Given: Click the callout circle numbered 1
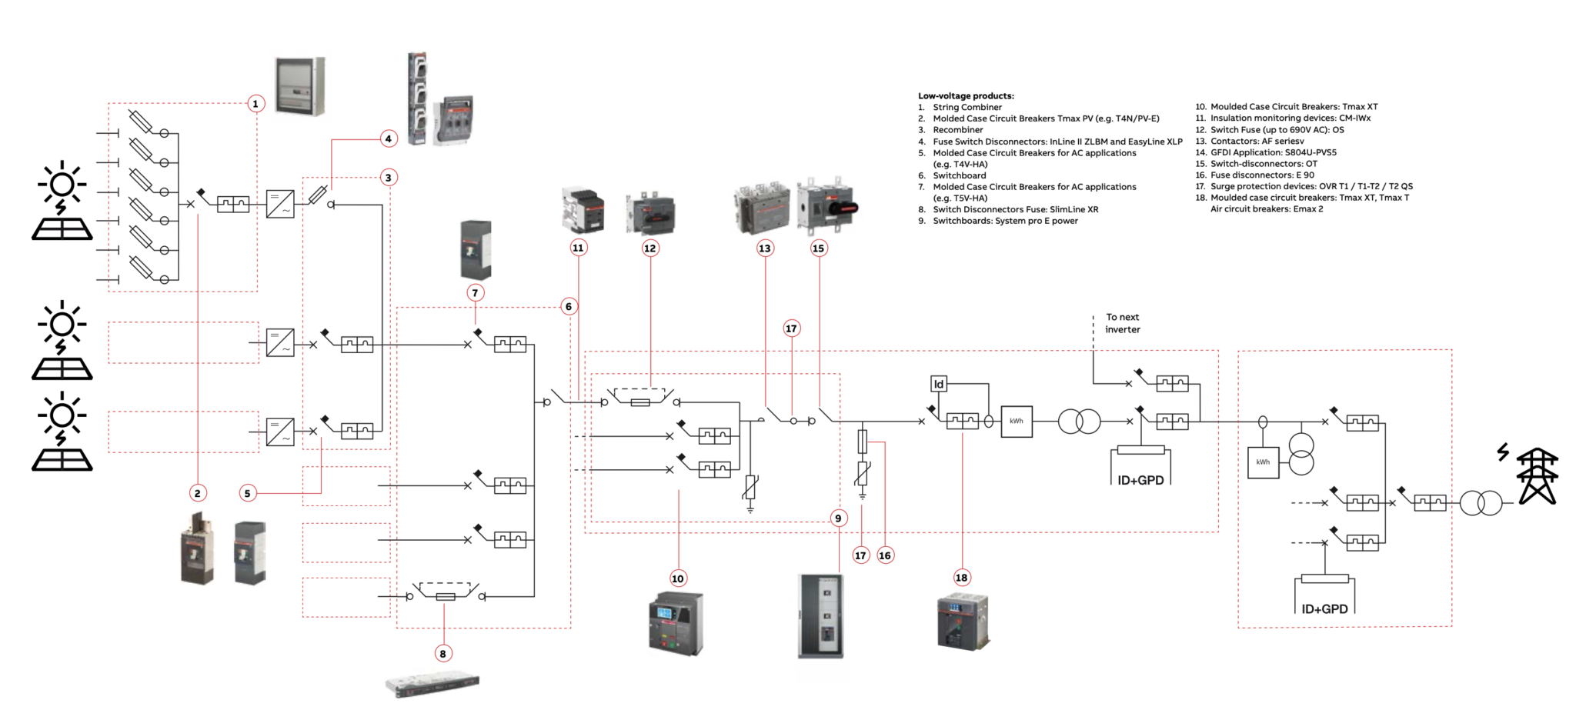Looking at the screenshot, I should point(255,103).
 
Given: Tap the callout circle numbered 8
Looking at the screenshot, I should point(442,654).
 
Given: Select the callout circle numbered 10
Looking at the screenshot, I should point(677,578).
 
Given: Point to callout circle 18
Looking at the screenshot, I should point(961,578).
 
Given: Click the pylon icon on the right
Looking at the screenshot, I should point(1537,476).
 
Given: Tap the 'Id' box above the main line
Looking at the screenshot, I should point(938,384).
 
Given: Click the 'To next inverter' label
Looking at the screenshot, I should point(1122,323).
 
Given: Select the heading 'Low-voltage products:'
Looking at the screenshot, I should point(966,96).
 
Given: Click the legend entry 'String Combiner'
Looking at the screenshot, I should point(967,108).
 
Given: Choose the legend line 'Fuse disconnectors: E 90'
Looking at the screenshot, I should point(1262,175).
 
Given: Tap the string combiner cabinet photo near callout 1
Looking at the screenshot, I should point(300,86).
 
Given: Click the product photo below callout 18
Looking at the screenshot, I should point(962,621).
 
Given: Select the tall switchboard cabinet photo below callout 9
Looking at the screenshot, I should point(821,615).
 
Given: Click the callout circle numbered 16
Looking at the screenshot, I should point(885,555).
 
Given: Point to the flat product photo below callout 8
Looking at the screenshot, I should point(432,683).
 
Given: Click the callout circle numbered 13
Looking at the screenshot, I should point(764,248).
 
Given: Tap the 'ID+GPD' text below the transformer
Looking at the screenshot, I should point(1140,480).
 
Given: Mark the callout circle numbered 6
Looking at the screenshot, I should point(568,306).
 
